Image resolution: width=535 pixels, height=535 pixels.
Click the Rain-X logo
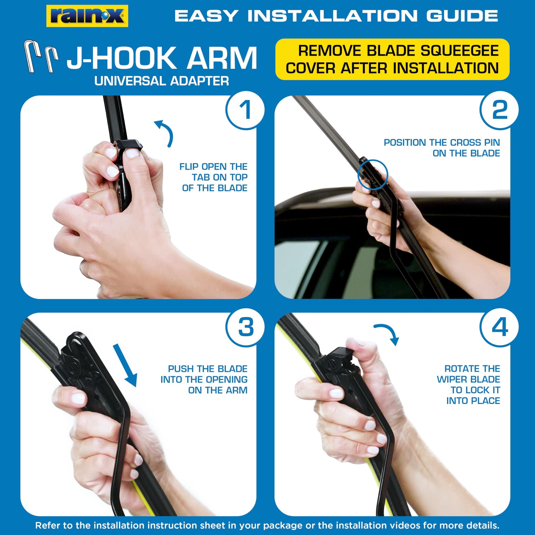pyautogui.click(x=87, y=16)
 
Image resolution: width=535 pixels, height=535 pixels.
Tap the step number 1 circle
pyautogui.click(x=245, y=110)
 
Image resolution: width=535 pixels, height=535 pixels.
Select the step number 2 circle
pyautogui.click(x=499, y=110)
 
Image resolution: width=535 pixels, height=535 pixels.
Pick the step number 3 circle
pyautogui.click(x=245, y=327)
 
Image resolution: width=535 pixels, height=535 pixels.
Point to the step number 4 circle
pyautogui.click(x=499, y=327)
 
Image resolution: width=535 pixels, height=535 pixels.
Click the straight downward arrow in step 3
pyautogui.click(x=125, y=365)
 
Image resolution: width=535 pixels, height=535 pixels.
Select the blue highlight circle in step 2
pyautogui.click(x=373, y=175)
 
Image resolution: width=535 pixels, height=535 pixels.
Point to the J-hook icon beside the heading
pyautogui.click(x=41, y=56)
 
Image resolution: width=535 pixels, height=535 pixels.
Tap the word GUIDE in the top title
pyautogui.click(x=462, y=15)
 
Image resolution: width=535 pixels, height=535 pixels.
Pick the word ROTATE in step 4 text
pyautogui.click(x=459, y=369)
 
